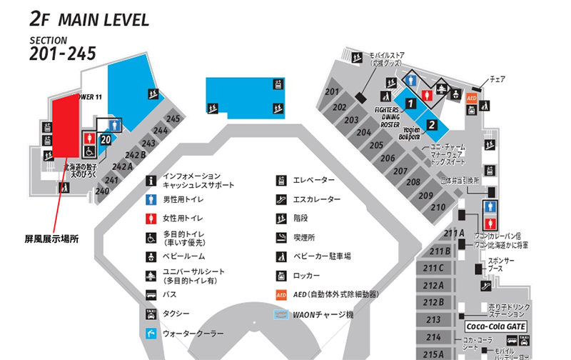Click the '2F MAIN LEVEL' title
click(90, 19)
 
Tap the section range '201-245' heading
click(63, 54)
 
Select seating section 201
click(332, 92)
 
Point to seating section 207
click(401, 171)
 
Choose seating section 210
click(438, 207)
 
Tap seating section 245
click(173, 119)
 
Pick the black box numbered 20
click(106, 139)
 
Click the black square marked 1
click(410, 103)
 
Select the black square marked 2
click(431, 124)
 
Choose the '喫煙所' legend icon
click(281, 237)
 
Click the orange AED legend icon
click(281, 294)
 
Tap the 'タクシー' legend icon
click(151, 314)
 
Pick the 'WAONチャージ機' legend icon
click(281, 314)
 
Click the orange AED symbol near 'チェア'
click(471, 98)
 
